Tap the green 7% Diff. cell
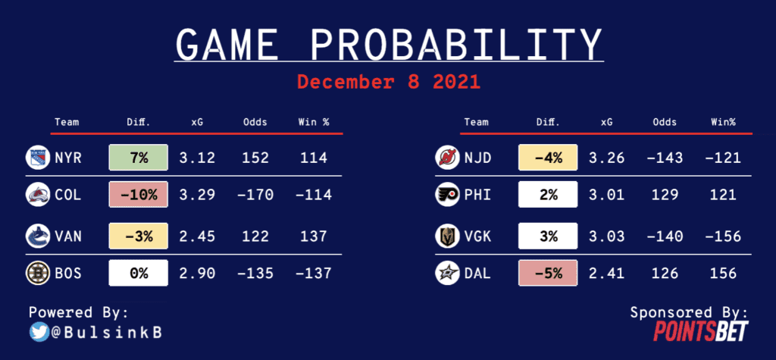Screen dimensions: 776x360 tap(139, 158)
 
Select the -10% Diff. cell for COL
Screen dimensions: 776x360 tap(139, 195)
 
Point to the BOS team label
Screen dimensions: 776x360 tap(67, 274)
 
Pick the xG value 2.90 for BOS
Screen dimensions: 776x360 tap(197, 274)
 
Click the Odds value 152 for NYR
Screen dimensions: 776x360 tap(255, 158)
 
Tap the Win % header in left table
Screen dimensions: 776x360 tap(313, 122)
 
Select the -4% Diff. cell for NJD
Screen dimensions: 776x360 tap(548, 158)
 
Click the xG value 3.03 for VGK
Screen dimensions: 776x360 tap(607, 236)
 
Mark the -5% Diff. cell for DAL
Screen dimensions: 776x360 tap(548, 274)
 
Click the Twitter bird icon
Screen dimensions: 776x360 tap(39, 332)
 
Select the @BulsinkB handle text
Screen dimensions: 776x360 tap(106, 333)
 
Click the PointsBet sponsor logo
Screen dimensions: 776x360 tap(701, 330)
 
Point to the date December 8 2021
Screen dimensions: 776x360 tap(389, 82)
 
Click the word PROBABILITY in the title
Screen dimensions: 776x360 tap(456, 45)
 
